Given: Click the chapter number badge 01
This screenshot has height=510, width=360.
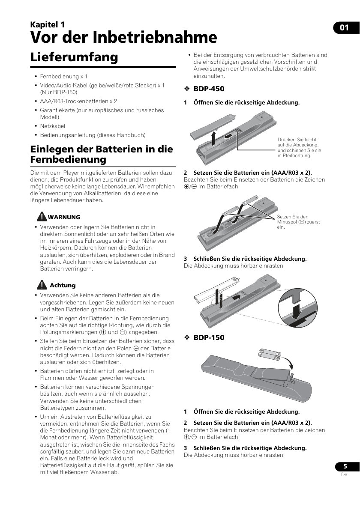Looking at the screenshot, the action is point(346,28).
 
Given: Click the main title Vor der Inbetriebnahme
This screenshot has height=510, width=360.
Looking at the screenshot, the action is point(124,37).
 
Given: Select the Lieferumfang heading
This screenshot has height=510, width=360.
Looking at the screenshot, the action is point(74,57).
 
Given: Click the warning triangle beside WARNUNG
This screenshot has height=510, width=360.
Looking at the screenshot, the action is point(42,216).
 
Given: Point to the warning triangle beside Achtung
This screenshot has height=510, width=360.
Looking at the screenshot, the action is point(42,285).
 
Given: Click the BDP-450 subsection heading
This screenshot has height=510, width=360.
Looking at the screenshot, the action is point(209,89).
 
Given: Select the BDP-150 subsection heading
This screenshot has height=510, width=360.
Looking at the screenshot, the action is point(209,337).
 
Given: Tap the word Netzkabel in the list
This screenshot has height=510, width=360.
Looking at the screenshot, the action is point(52,126).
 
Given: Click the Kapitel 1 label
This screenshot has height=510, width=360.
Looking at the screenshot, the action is point(47,24).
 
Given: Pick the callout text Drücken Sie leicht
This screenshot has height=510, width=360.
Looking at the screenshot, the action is point(297,140).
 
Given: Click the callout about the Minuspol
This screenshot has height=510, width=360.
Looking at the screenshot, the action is point(298,222).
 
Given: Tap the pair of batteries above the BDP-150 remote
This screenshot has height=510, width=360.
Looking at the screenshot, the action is point(270,355).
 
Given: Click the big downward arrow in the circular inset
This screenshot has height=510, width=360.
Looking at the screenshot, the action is point(297,312).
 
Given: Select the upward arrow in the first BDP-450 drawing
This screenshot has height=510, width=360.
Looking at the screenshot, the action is point(213,138).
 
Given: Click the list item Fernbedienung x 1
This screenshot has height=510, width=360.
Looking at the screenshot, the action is point(63,76).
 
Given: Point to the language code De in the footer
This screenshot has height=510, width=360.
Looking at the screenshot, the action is point(344,474).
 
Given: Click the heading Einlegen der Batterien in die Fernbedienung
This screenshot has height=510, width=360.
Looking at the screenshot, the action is point(102,154).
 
